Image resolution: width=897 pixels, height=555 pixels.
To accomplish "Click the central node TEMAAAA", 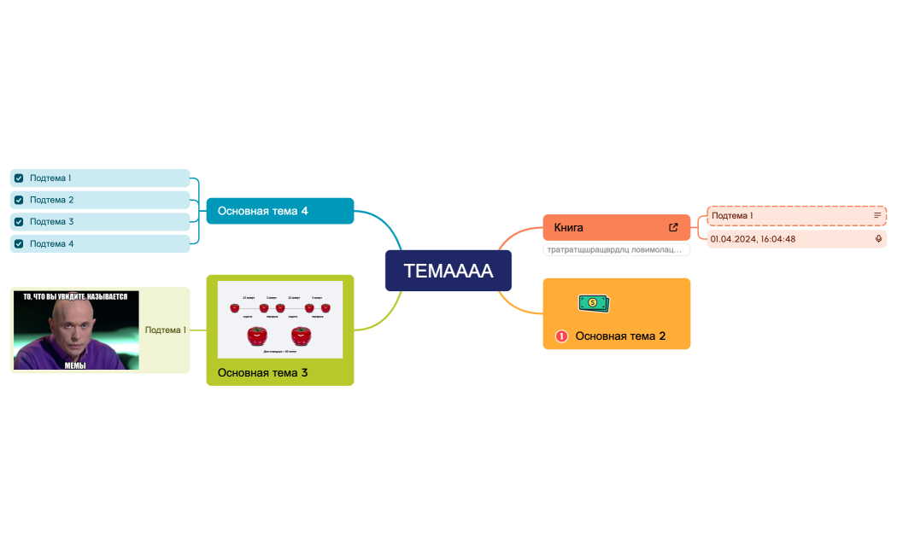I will click(448, 271).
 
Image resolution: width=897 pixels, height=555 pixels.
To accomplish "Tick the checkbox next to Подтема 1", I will click(19, 178).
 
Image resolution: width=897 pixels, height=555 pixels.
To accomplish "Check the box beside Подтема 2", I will click(19, 200).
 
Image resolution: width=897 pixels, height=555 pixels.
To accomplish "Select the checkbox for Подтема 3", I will click(19, 222).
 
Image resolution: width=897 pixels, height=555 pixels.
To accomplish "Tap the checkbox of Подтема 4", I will click(19, 244).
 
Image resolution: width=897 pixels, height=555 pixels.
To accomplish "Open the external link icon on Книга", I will click(673, 228).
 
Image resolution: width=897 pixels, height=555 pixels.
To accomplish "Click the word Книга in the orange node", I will click(569, 228).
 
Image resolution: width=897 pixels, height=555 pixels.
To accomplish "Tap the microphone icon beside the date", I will click(878, 239).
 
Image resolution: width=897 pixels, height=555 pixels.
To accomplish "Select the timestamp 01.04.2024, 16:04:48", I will click(753, 239).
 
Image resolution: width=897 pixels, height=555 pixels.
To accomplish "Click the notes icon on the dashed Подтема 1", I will click(877, 216).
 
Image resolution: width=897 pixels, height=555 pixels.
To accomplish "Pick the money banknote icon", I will click(594, 303).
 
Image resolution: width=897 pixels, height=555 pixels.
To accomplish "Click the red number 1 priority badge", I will click(561, 336).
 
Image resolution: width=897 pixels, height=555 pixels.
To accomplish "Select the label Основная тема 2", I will click(620, 336).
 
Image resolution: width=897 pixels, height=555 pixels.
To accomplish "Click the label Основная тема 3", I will click(262, 373).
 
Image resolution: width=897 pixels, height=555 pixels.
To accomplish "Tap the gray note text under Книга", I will click(615, 250).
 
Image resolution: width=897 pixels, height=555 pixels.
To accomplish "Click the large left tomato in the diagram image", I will click(255, 336).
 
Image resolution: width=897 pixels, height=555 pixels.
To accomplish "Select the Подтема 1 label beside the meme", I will click(165, 330).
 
